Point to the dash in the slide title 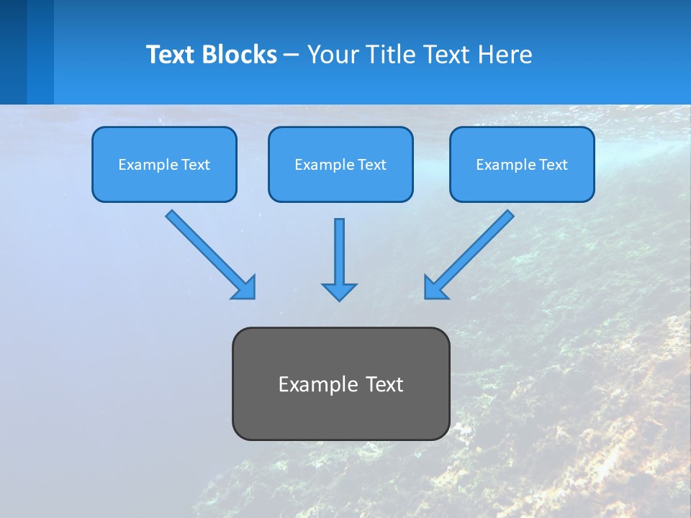(x=292, y=55)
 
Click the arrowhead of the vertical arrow (x=339, y=291)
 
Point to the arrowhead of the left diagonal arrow (x=245, y=288)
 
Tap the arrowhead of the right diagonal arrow (x=435, y=288)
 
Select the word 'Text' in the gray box (x=384, y=384)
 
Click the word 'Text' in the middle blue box (x=371, y=165)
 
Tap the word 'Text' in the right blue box (x=553, y=165)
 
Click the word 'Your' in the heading (x=332, y=55)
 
